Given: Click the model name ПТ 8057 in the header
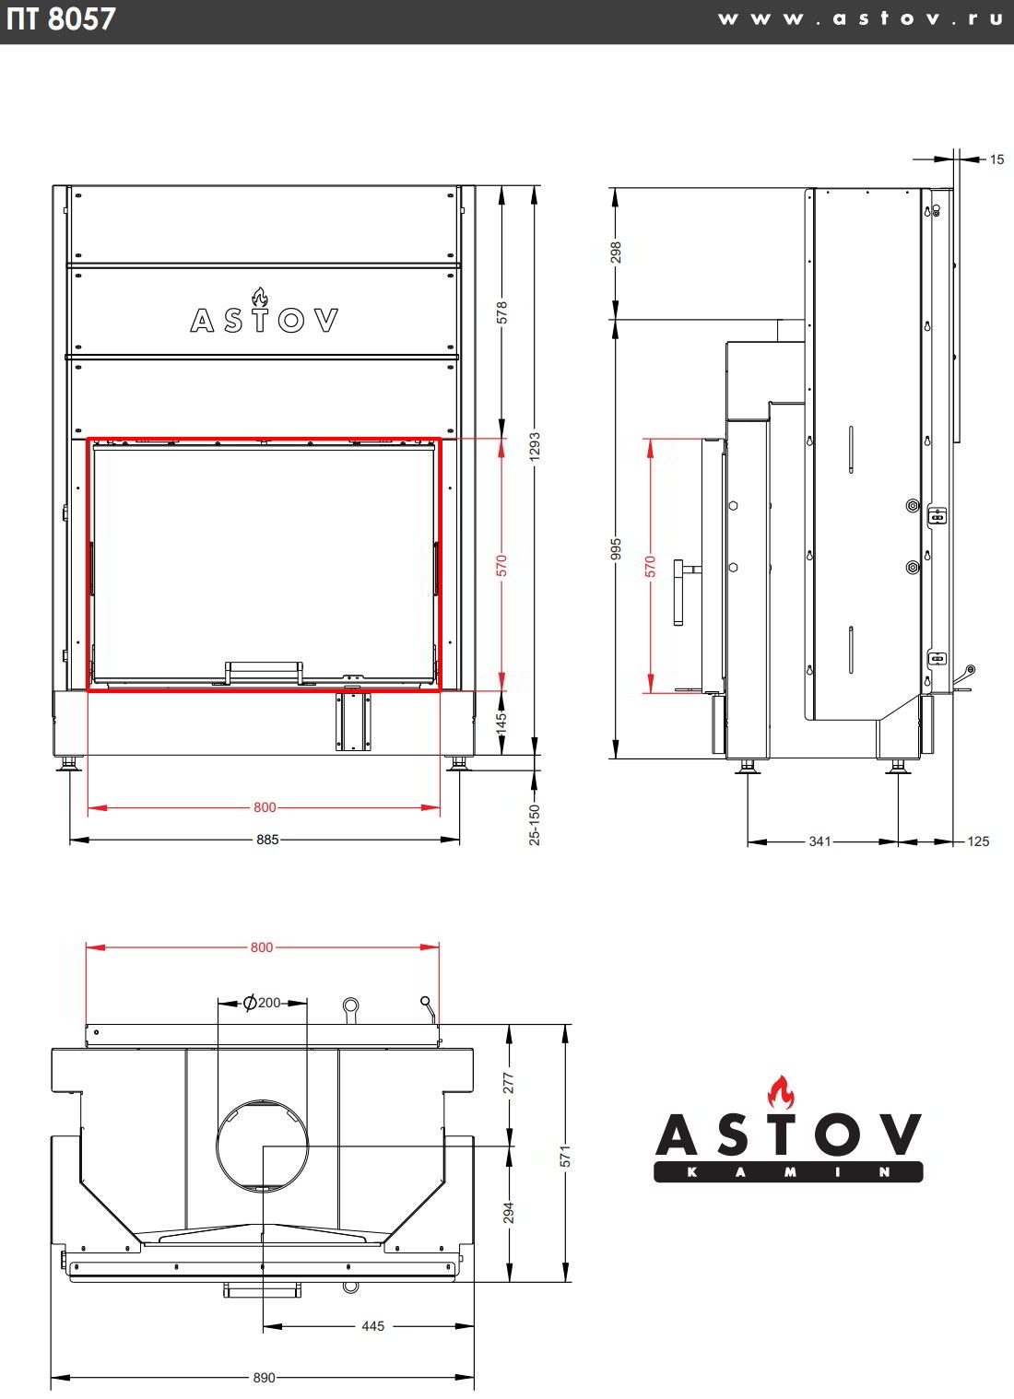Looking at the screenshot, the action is click(x=61, y=18).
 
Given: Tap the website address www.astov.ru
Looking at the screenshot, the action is click(x=860, y=18).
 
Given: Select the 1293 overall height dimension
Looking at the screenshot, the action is click(x=534, y=447).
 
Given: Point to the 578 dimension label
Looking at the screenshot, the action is click(x=501, y=313).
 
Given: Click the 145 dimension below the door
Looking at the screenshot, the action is click(x=501, y=722).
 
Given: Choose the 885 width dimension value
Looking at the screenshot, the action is click(x=267, y=840).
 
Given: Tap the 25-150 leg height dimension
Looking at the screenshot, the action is click(x=534, y=825).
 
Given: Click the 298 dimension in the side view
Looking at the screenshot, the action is click(x=616, y=253).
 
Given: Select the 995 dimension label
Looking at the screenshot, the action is click(x=616, y=549).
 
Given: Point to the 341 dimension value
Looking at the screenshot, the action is click(x=819, y=841).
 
